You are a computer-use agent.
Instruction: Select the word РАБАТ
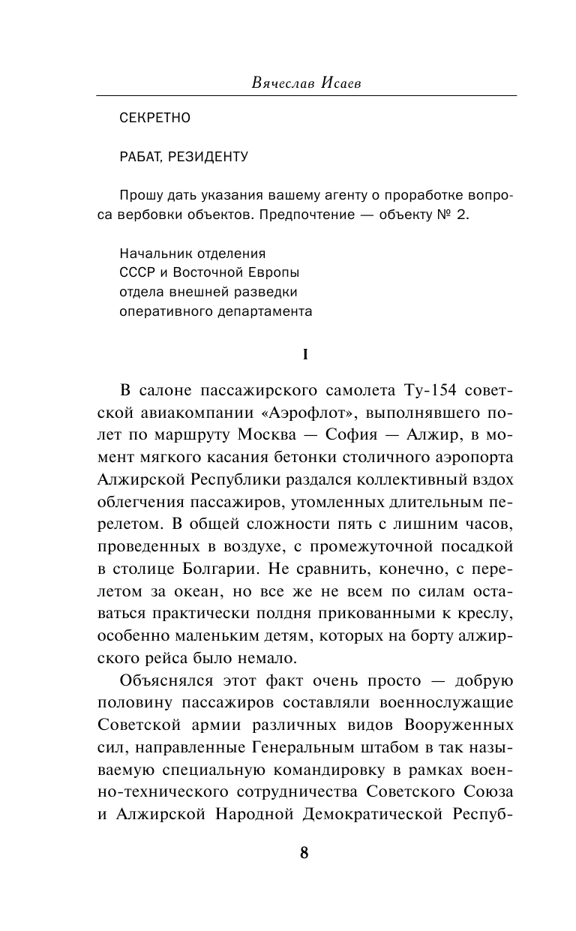(x=141, y=157)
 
